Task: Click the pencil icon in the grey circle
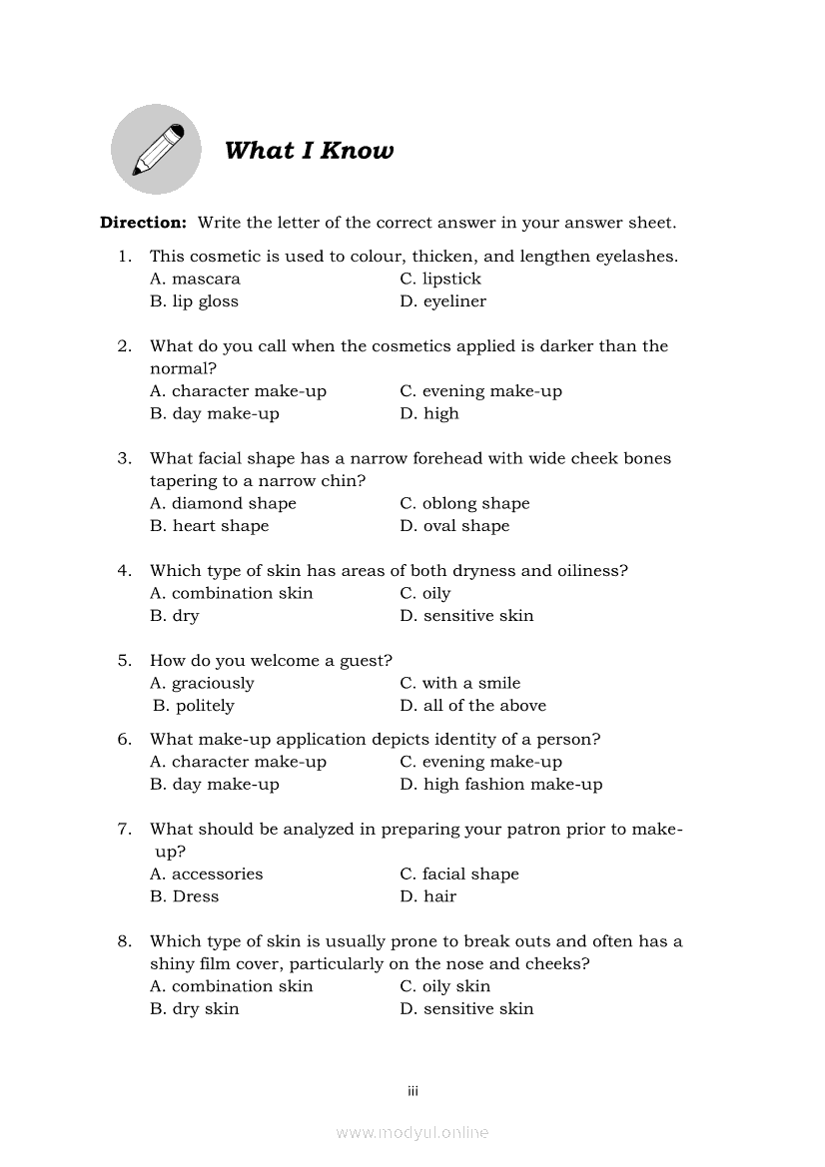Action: point(157,151)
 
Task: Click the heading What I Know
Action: point(309,151)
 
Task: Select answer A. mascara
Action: point(195,280)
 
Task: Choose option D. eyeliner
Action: point(442,301)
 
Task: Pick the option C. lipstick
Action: point(440,280)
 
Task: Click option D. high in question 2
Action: point(429,414)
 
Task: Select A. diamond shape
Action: point(223,504)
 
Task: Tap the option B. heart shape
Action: point(209,526)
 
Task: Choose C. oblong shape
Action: point(464,504)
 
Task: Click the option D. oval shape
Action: point(454,526)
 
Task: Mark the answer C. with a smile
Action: point(459,684)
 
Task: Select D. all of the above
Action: point(472,706)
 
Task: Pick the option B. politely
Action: point(194,706)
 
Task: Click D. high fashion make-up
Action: point(501,785)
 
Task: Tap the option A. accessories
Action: point(206,875)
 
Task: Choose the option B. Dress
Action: point(184,896)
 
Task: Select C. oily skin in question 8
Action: point(445,986)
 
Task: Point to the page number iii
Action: point(412,1091)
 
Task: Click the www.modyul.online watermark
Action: point(412,1132)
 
